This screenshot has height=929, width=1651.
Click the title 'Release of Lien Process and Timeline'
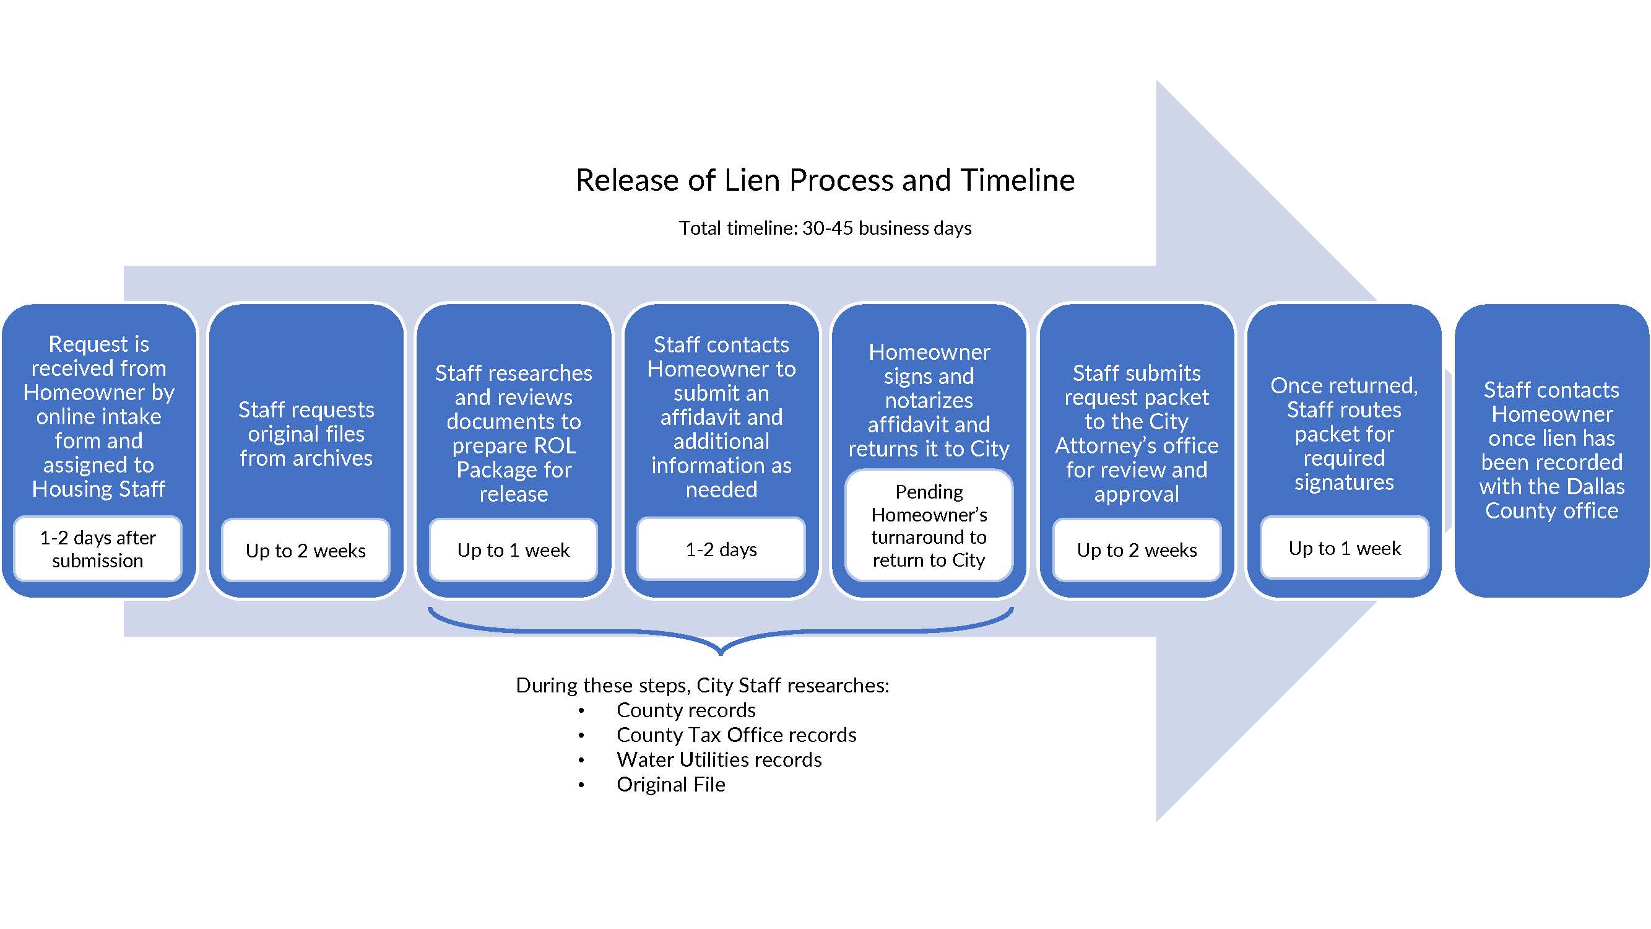[x=825, y=180]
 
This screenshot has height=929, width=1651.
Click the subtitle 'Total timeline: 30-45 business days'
[x=825, y=229]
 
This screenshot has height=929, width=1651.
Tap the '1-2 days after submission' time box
[x=98, y=549]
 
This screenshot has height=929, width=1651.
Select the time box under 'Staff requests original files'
[x=306, y=550]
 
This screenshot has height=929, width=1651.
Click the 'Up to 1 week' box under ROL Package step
[x=513, y=550]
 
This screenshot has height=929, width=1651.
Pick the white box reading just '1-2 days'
[x=721, y=549]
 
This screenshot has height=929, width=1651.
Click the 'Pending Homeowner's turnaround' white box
[x=929, y=526]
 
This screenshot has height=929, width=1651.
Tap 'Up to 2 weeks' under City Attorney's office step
[x=1137, y=550]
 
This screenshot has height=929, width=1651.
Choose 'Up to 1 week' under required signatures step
[x=1344, y=549]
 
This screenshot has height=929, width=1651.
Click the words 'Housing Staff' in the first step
[x=98, y=489]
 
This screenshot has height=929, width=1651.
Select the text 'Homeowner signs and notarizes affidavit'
[x=929, y=388]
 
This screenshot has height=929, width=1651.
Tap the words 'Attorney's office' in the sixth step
[x=1137, y=445]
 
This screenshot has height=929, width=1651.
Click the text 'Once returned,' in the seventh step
[x=1344, y=385]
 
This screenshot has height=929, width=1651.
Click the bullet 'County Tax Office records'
[x=736, y=735]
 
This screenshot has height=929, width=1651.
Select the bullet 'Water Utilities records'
[x=719, y=760]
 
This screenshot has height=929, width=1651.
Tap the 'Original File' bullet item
[x=670, y=785]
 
